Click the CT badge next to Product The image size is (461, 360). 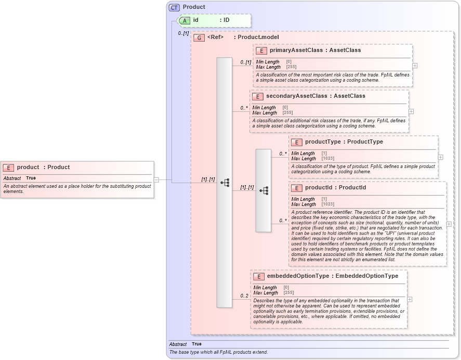(x=174, y=7)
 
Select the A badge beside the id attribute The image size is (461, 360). (x=185, y=20)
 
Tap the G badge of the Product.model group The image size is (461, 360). (x=199, y=37)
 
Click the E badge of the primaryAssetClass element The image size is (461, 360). (x=261, y=50)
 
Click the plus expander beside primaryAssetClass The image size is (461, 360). (x=415, y=66)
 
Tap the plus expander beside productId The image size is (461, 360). (x=449, y=224)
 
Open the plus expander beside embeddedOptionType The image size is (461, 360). (x=410, y=299)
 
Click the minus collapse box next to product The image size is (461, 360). (x=156, y=180)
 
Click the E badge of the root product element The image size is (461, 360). (x=8, y=168)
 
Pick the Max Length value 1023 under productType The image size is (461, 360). (x=327, y=159)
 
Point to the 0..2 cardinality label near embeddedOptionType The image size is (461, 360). (x=244, y=296)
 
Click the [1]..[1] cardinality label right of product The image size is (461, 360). (x=208, y=179)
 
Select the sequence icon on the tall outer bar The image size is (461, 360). (x=225, y=183)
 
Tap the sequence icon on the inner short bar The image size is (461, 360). (x=264, y=190)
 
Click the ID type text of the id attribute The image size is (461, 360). (x=226, y=20)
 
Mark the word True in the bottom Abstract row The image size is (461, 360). (x=196, y=344)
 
